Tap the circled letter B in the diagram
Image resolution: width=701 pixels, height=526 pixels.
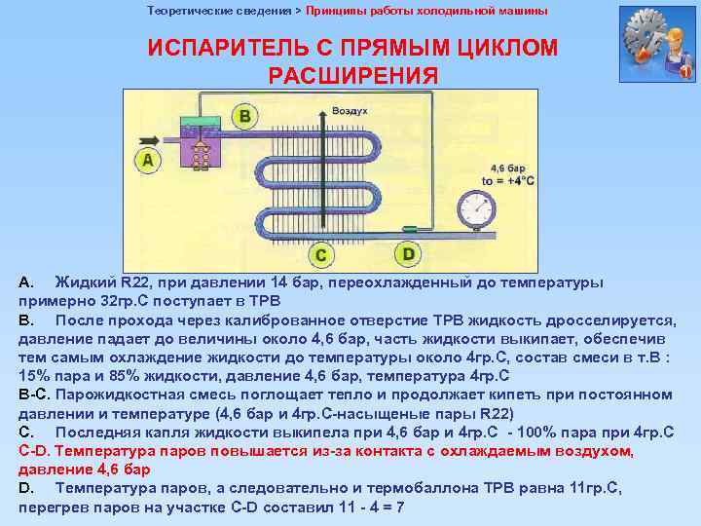click(x=244, y=117)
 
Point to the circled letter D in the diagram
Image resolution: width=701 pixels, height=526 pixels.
click(x=408, y=254)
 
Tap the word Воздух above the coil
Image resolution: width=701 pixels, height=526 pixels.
click(x=350, y=111)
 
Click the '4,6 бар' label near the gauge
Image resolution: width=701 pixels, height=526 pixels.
click(x=507, y=168)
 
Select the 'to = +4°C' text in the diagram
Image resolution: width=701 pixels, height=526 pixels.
click(x=508, y=181)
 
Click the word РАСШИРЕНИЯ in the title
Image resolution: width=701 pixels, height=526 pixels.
click(x=352, y=75)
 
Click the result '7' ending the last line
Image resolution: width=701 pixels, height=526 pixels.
click(x=399, y=507)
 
